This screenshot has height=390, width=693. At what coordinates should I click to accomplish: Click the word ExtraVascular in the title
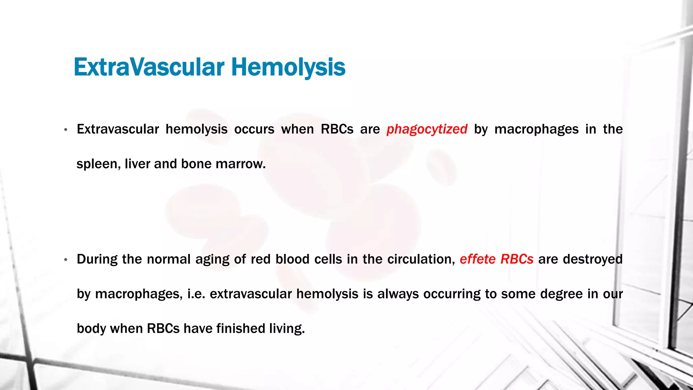[149, 67]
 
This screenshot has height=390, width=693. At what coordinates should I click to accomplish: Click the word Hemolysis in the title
[288, 67]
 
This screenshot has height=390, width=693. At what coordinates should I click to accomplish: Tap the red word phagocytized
[427, 129]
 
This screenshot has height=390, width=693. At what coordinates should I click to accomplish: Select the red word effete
[477, 259]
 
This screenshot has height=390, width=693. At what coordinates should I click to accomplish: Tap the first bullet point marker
[66, 130]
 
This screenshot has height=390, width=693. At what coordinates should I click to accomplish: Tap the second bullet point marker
[66, 260]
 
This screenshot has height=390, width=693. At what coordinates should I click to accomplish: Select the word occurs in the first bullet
[254, 129]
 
